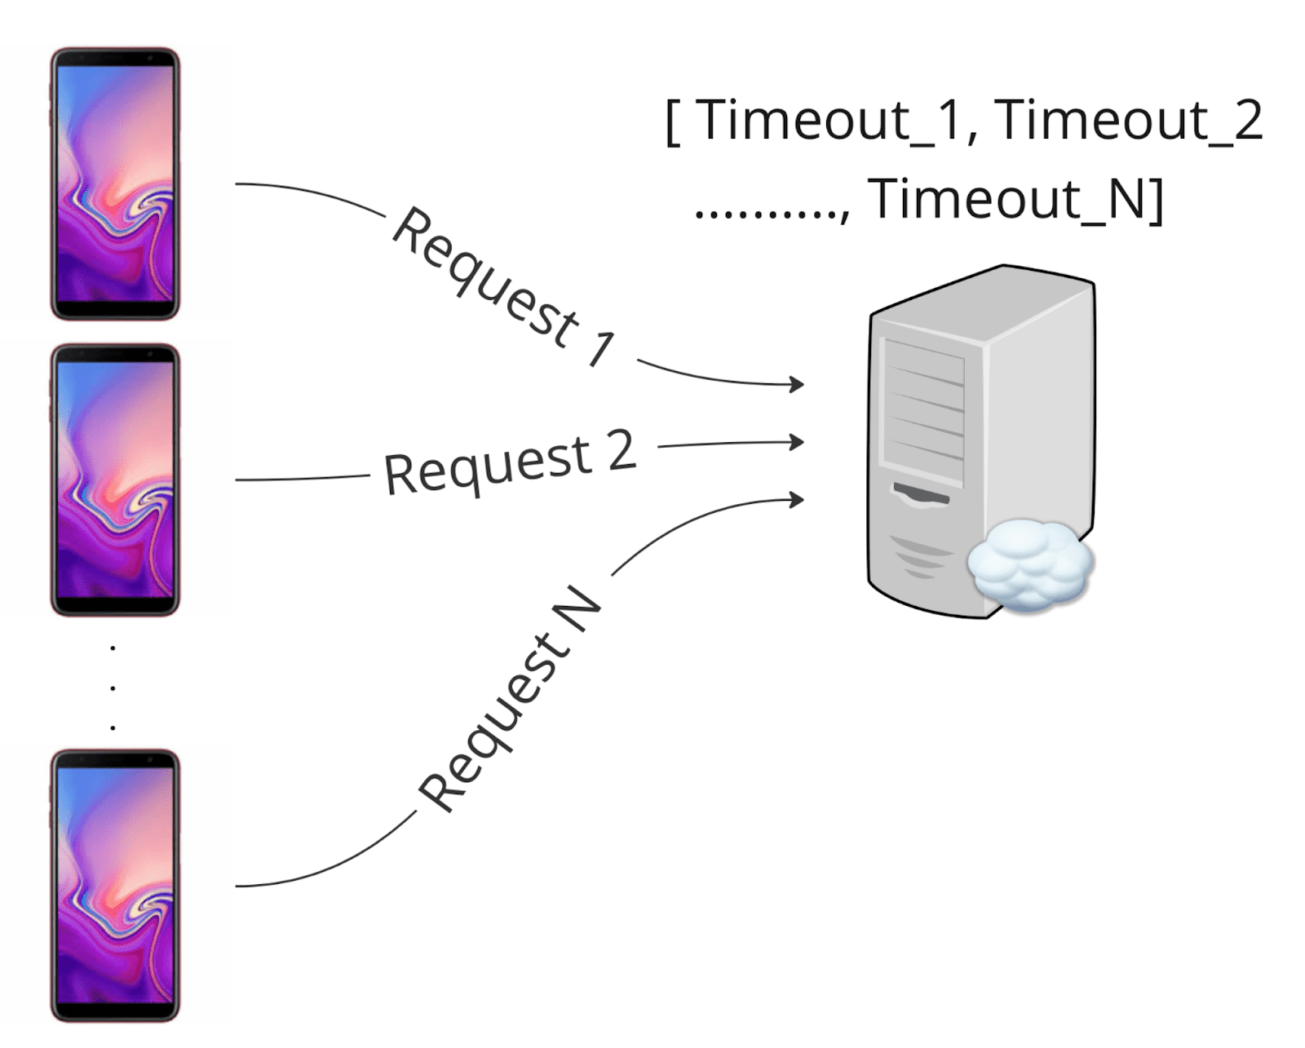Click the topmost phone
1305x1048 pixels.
pos(115,184)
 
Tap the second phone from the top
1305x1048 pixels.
pos(115,480)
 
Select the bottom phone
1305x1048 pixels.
pos(115,885)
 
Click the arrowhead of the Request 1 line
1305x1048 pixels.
pos(798,383)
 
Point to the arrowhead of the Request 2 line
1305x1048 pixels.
pos(798,443)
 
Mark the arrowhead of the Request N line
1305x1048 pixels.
pos(798,499)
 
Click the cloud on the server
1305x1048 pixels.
pos(1030,565)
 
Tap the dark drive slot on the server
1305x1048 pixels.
pos(921,493)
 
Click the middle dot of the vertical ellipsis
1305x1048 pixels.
pos(113,688)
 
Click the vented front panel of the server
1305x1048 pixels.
pos(924,412)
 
